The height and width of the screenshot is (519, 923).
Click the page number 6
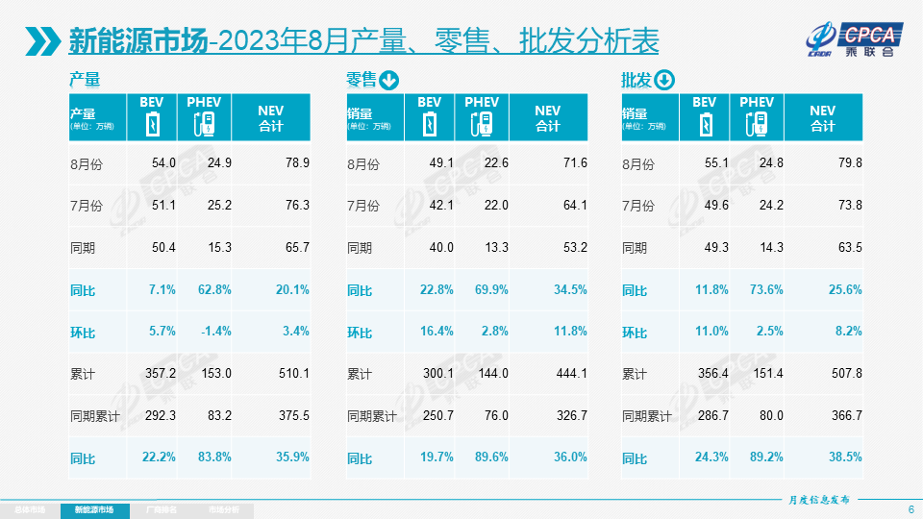pyautogui.click(x=911, y=508)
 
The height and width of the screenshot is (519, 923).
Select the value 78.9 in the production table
pyautogui.click(x=293, y=163)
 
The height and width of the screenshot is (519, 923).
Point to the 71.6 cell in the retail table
pyautogui.click(x=571, y=163)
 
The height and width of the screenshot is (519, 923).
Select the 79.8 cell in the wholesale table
pyautogui.click(x=846, y=163)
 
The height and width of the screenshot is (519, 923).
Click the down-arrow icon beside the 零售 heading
pyautogui.click(x=389, y=81)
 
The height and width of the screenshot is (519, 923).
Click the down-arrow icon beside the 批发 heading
pyautogui.click(x=665, y=81)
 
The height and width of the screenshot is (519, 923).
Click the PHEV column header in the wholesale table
pyautogui.click(x=757, y=103)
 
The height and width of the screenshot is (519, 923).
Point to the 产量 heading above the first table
pyautogui.click(x=85, y=81)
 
